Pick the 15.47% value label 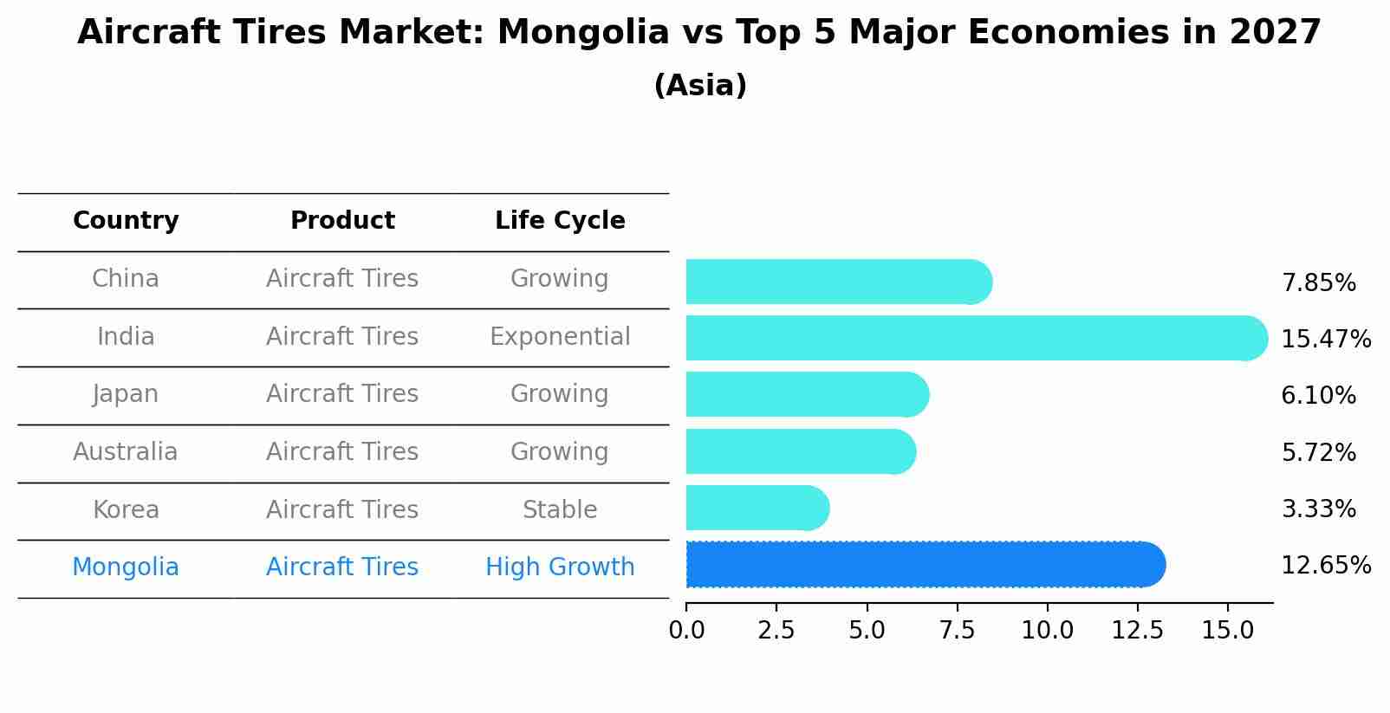click(x=1325, y=340)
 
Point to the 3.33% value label click(x=1318, y=509)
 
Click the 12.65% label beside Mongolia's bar click(x=1325, y=566)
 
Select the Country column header click(x=126, y=221)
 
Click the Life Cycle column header click(x=560, y=221)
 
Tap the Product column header click(x=342, y=221)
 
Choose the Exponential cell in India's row click(x=560, y=337)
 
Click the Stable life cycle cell click(x=560, y=510)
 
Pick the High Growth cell click(x=560, y=567)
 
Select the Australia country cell click(x=126, y=452)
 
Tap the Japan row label click(x=126, y=394)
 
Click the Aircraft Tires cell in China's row click(x=342, y=279)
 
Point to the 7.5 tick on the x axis click(x=957, y=631)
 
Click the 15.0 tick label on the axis click(x=1227, y=631)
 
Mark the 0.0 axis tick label click(x=686, y=631)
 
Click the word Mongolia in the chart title click(x=582, y=33)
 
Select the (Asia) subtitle click(x=700, y=86)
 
